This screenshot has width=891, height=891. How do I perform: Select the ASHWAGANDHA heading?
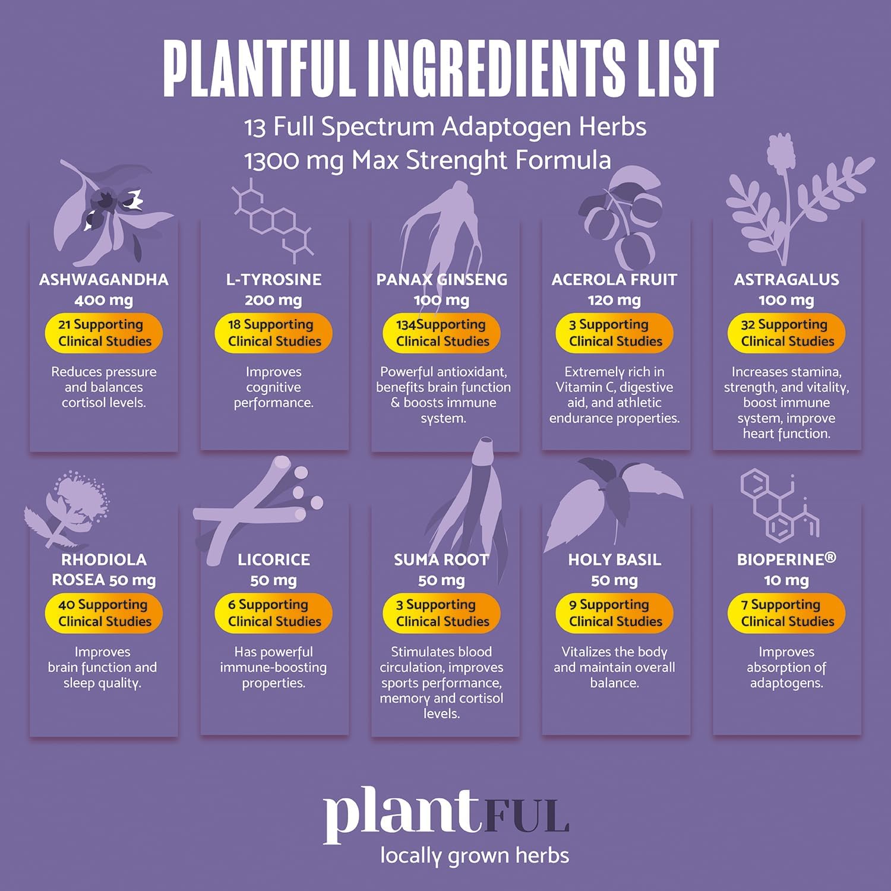coord(104,280)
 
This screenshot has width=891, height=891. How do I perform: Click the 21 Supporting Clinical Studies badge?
coord(104,333)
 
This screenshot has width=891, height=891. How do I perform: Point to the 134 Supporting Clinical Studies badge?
coord(442,333)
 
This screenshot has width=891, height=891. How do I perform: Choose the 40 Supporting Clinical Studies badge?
coord(104,613)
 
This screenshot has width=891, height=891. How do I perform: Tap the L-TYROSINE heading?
coord(274,280)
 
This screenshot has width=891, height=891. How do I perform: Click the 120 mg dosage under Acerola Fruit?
coord(614,301)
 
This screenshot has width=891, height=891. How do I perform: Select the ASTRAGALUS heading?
coord(786,280)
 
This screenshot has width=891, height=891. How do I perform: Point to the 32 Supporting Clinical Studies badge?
coord(786,333)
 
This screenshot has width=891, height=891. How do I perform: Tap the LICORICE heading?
coord(274,560)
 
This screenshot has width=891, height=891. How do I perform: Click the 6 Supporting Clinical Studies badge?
coord(274,613)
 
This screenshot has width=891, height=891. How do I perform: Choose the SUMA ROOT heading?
coord(441,560)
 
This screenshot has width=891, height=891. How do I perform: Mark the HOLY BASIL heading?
coord(614,560)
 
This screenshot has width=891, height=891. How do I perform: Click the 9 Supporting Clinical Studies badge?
coord(614,613)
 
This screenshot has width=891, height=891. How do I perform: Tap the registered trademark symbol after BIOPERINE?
coord(830,557)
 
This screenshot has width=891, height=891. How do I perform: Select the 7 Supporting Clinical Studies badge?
coord(786,613)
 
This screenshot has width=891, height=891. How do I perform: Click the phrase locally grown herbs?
coord(475,856)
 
